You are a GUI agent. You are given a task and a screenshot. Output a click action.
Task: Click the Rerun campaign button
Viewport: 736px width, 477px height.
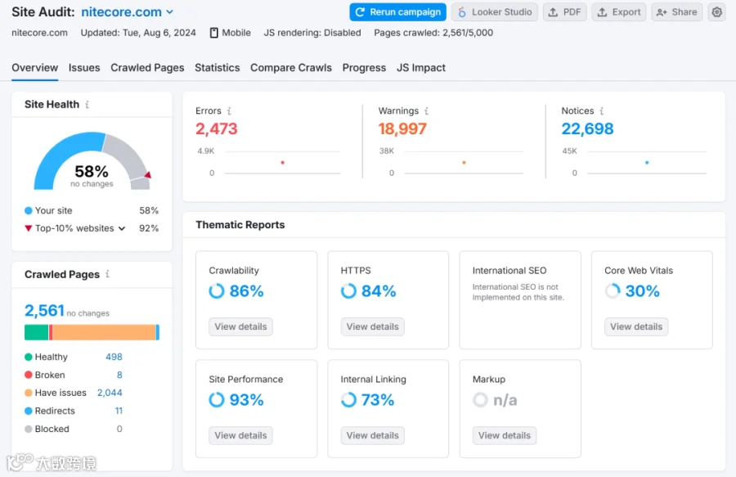pos(397,12)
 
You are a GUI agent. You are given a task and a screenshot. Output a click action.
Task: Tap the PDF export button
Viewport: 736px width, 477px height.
pos(564,12)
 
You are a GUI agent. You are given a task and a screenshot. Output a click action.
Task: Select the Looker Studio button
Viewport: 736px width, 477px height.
pos(495,12)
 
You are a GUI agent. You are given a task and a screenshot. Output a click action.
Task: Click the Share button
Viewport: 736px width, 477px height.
pos(676,12)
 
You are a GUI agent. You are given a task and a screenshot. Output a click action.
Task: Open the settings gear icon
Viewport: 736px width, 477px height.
pos(716,12)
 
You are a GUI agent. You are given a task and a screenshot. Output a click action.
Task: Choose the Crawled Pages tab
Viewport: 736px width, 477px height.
pos(147,68)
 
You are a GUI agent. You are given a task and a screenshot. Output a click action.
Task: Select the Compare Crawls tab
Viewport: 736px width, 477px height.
pos(291,68)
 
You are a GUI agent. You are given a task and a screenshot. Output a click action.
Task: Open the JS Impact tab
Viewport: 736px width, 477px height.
pos(421,68)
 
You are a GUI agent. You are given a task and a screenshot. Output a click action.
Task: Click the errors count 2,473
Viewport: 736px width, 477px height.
pos(217,128)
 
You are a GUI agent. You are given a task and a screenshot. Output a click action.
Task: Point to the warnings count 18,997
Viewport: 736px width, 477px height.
pos(402,128)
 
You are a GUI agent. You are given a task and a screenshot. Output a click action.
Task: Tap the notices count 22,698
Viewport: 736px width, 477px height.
pos(587,128)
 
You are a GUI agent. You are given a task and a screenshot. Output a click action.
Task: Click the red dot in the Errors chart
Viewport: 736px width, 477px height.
pos(283,163)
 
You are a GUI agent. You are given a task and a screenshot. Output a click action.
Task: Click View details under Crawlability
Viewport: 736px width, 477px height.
pos(240,326)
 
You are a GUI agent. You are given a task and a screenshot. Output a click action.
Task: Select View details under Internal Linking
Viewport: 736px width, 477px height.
pos(373,436)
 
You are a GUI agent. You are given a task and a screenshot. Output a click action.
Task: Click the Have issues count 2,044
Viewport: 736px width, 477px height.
pos(110,393)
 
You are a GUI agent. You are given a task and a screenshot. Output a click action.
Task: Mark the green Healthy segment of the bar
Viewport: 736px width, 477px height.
pos(36,332)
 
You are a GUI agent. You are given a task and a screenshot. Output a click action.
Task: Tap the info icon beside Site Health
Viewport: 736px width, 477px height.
pos(88,104)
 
